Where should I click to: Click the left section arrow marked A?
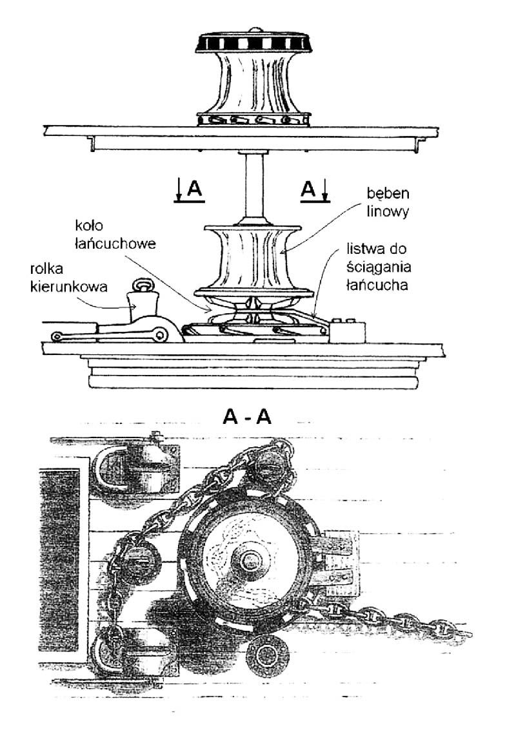[x=188, y=189]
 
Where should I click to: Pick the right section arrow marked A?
[x=317, y=189]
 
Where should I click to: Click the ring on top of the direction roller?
[x=141, y=284]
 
